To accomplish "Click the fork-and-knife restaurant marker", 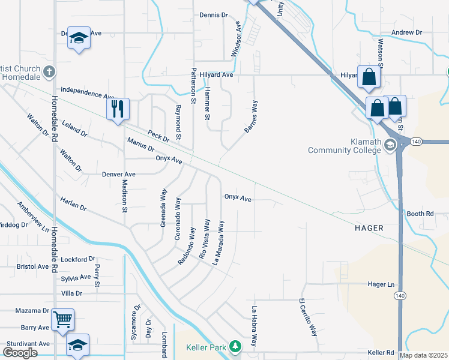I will coord(118,109).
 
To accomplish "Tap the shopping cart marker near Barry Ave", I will coord(62,320).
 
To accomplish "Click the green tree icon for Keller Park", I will coord(236,346).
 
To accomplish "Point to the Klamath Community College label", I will coord(345,146).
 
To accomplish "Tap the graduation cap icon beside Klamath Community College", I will coord(390,145).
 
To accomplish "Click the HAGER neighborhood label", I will coord(373,228).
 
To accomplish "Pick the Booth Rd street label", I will coord(420,214).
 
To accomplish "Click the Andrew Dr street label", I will coord(406,32).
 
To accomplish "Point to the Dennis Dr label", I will coord(214,14).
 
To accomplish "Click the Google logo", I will coord(20,353).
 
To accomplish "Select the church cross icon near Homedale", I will coord(50,72).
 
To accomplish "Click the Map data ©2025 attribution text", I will coord(423,355).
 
